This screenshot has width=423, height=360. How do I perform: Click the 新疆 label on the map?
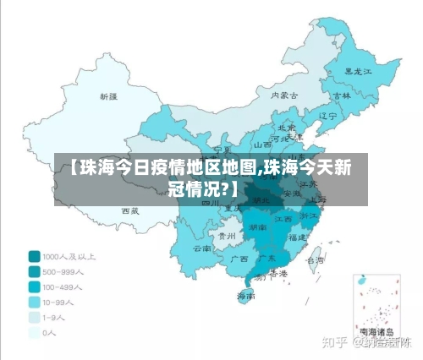pyautogui.click(x=109, y=97)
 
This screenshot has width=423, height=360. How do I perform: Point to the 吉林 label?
pyautogui.click(x=342, y=96)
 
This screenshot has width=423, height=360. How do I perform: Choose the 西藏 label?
pyautogui.click(x=130, y=210)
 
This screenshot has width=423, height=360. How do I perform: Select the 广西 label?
pyautogui.click(x=239, y=259)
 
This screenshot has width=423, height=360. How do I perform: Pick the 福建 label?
pyautogui.click(x=297, y=238)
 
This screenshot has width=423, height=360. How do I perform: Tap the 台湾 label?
pyautogui.click(x=315, y=260)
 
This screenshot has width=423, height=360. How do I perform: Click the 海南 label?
pyautogui.click(x=245, y=296)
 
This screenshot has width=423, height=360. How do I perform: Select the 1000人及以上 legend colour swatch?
pyautogui.click(x=34, y=255)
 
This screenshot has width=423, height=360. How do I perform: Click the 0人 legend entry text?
pyautogui.click(x=50, y=333)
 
